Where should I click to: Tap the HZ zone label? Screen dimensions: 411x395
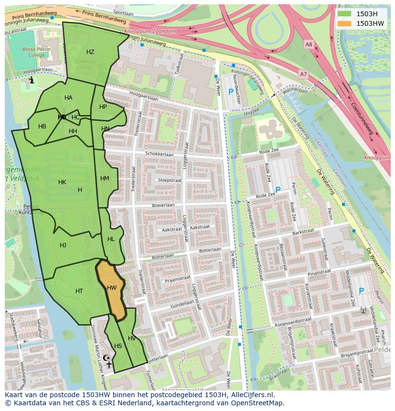point(90,52)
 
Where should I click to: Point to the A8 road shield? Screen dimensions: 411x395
point(309,44)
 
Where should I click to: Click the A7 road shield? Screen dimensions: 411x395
point(303,74)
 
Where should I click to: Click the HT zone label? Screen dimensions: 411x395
point(79,291)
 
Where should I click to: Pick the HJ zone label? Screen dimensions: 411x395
point(63,245)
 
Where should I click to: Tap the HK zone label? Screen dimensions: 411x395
point(62,182)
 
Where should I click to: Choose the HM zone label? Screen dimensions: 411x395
point(104,179)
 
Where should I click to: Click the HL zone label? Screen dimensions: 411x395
point(111,239)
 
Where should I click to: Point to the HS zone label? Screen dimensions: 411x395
point(118,346)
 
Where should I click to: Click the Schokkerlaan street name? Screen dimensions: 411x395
point(159,155)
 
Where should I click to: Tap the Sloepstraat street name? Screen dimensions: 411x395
point(170,180)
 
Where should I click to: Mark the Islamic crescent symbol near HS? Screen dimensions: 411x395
point(106,358)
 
